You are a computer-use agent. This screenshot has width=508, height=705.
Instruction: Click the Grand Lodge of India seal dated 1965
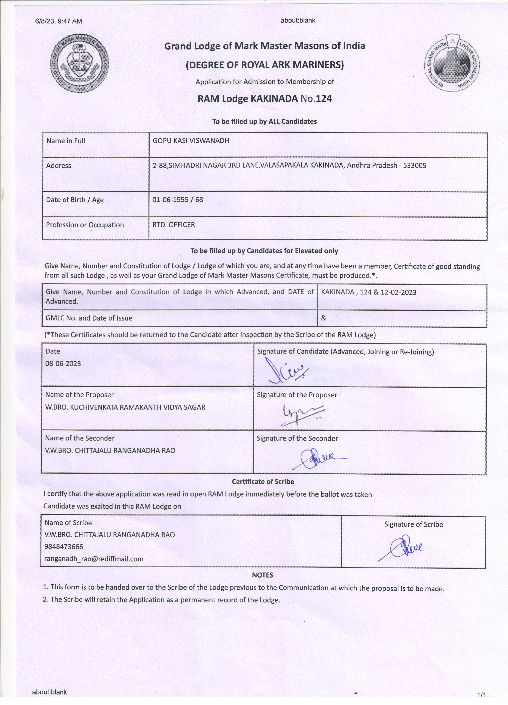[80, 63]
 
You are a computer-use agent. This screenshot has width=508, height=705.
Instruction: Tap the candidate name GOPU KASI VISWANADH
[191, 141]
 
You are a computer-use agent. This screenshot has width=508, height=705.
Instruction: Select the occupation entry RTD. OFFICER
[174, 225]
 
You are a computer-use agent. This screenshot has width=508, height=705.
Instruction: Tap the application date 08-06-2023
[63, 363]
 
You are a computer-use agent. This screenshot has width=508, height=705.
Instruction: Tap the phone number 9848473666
[64, 546]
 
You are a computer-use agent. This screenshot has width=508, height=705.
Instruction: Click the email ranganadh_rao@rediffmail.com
[94, 559]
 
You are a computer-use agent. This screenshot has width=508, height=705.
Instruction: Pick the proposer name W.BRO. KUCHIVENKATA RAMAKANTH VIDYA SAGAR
[125, 407]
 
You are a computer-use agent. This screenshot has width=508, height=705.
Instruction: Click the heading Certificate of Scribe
[263, 481]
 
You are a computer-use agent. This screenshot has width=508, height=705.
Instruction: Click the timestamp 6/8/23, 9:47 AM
[59, 21]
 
